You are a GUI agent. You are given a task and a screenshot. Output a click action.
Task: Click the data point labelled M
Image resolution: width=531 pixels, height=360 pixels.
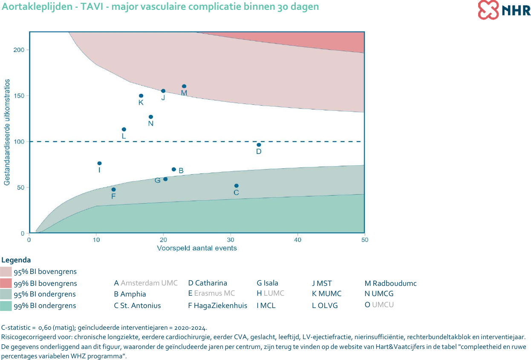(x=184, y=86)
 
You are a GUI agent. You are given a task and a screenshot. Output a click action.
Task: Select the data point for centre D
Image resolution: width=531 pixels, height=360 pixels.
(x=259, y=145)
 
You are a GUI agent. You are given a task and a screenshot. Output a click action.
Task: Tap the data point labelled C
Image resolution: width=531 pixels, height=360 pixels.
(x=237, y=186)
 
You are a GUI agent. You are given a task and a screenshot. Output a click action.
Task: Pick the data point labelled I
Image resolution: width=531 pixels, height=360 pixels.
(x=99, y=163)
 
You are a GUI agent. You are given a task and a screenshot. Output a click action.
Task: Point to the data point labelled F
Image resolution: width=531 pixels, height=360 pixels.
(x=113, y=190)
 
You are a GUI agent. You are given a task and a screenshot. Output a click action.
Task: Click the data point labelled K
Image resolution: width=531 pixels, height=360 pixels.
(x=141, y=96)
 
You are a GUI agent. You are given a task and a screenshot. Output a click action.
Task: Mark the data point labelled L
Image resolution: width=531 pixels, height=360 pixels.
(x=124, y=130)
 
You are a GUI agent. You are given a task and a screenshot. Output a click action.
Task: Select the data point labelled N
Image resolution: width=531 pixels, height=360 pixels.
(x=151, y=117)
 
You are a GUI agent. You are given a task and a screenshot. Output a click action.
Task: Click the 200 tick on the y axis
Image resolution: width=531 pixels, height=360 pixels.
(x=19, y=50)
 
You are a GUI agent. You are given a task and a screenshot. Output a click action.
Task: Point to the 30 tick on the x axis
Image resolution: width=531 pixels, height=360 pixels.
(x=231, y=240)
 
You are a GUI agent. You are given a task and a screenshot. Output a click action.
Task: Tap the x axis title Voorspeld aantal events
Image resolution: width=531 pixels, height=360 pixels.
(x=196, y=248)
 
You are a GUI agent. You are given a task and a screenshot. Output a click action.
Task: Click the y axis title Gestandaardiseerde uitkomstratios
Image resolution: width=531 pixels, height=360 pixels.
(x=7, y=132)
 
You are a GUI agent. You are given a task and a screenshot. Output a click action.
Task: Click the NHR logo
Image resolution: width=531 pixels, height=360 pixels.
(x=504, y=10)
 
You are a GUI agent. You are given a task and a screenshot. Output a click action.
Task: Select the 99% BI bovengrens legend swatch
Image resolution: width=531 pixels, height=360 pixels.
(x=6, y=283)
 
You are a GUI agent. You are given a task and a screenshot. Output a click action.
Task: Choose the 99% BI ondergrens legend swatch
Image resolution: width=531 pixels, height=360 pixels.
(x=6, y=305)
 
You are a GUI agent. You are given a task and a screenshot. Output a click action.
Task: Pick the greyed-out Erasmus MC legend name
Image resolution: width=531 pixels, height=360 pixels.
(x=214, y=294)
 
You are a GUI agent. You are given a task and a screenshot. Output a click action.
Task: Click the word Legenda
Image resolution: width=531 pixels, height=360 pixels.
(x=16, y=260)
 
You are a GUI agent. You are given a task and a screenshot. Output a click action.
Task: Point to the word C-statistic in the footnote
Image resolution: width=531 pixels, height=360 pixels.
(x=16, y=328)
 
